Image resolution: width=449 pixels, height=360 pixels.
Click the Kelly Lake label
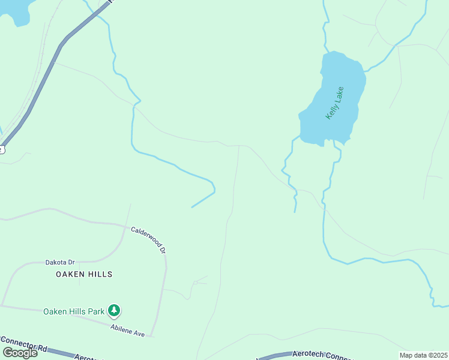pos(334,103)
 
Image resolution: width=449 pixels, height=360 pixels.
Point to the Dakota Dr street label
pos(60,262)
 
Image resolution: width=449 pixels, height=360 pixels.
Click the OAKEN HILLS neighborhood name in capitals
pos(84,274)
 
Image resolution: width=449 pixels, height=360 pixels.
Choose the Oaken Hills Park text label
pos(74,311)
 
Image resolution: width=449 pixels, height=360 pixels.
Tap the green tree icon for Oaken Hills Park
pos(114,311)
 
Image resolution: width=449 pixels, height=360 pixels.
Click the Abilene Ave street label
pos(127,330)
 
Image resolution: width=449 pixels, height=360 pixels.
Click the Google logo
pos(20,352)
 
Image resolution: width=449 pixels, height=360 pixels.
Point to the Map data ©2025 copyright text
pos(423,355)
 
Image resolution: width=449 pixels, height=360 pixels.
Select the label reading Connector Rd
pos(24,344)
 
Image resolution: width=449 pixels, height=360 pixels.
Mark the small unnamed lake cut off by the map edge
pos(15,11)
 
